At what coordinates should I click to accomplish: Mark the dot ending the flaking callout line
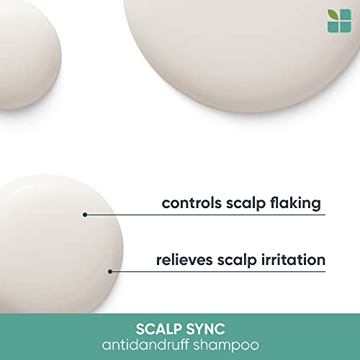pyautogui.click(x=85, y=215)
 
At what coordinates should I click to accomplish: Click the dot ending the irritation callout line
pyautogui.click(x=110, y=271)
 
